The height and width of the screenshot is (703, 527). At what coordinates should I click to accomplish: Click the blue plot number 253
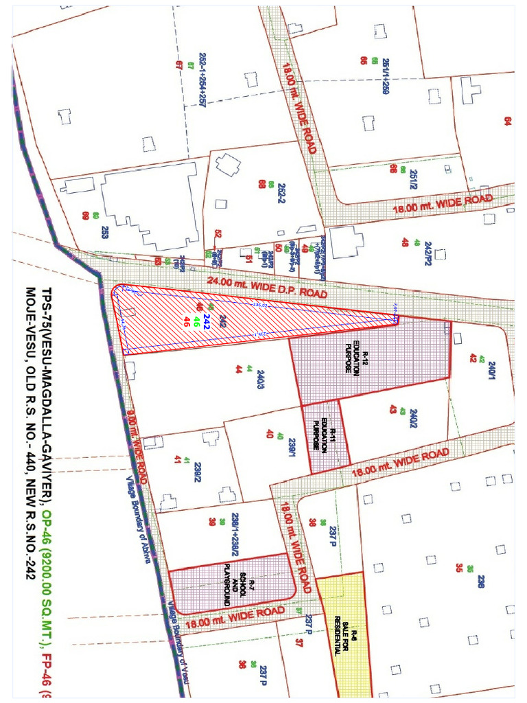pyautogui.click(x=105, y=231)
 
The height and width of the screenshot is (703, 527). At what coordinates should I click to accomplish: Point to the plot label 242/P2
pyautogui.click(x=428, y=253)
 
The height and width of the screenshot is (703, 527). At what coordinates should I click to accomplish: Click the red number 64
pyautogui.click(x=508, y=122)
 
